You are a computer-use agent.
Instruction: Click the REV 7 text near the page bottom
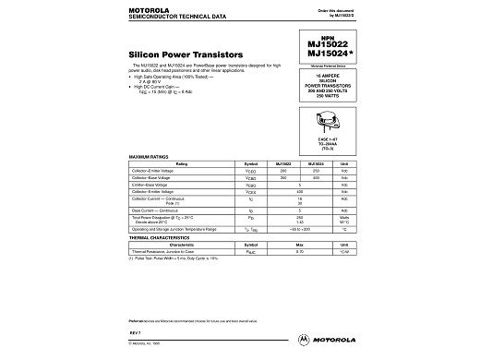point(134,331)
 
